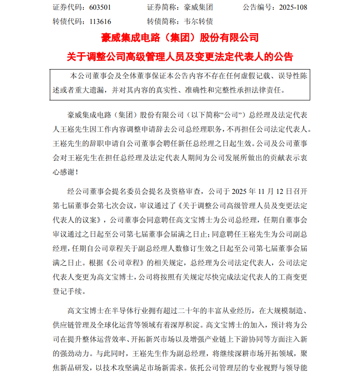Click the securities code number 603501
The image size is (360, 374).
98,8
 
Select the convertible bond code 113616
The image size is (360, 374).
98,21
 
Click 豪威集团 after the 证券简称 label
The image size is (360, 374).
198,8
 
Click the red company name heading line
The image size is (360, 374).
180,38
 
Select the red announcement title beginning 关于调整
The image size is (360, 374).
180,57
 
